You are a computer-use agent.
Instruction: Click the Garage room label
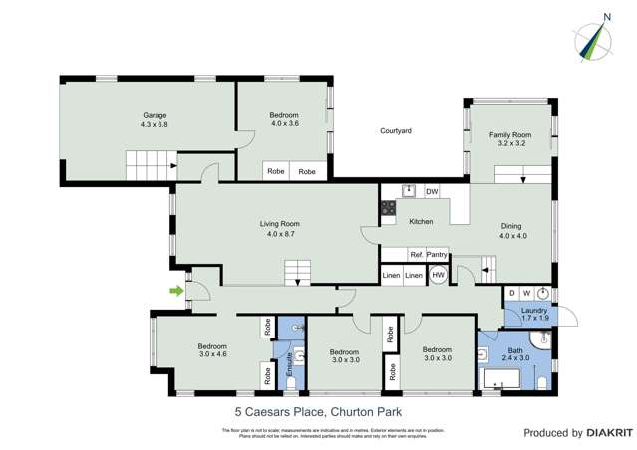point(155,120)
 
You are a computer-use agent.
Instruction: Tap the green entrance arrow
point(176,291)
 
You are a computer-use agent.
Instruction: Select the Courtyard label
point(395,130)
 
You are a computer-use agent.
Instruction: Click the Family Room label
point(509,140)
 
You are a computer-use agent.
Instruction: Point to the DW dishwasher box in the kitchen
point(432,191)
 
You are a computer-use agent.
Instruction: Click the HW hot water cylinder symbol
point(438,275)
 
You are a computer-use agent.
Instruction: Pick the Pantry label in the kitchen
point(436,255)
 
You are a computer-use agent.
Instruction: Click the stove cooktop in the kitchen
point(387,208)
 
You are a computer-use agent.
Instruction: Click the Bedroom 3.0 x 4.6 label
point(213,350)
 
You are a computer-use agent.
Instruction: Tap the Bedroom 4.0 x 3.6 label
point(284,120)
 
